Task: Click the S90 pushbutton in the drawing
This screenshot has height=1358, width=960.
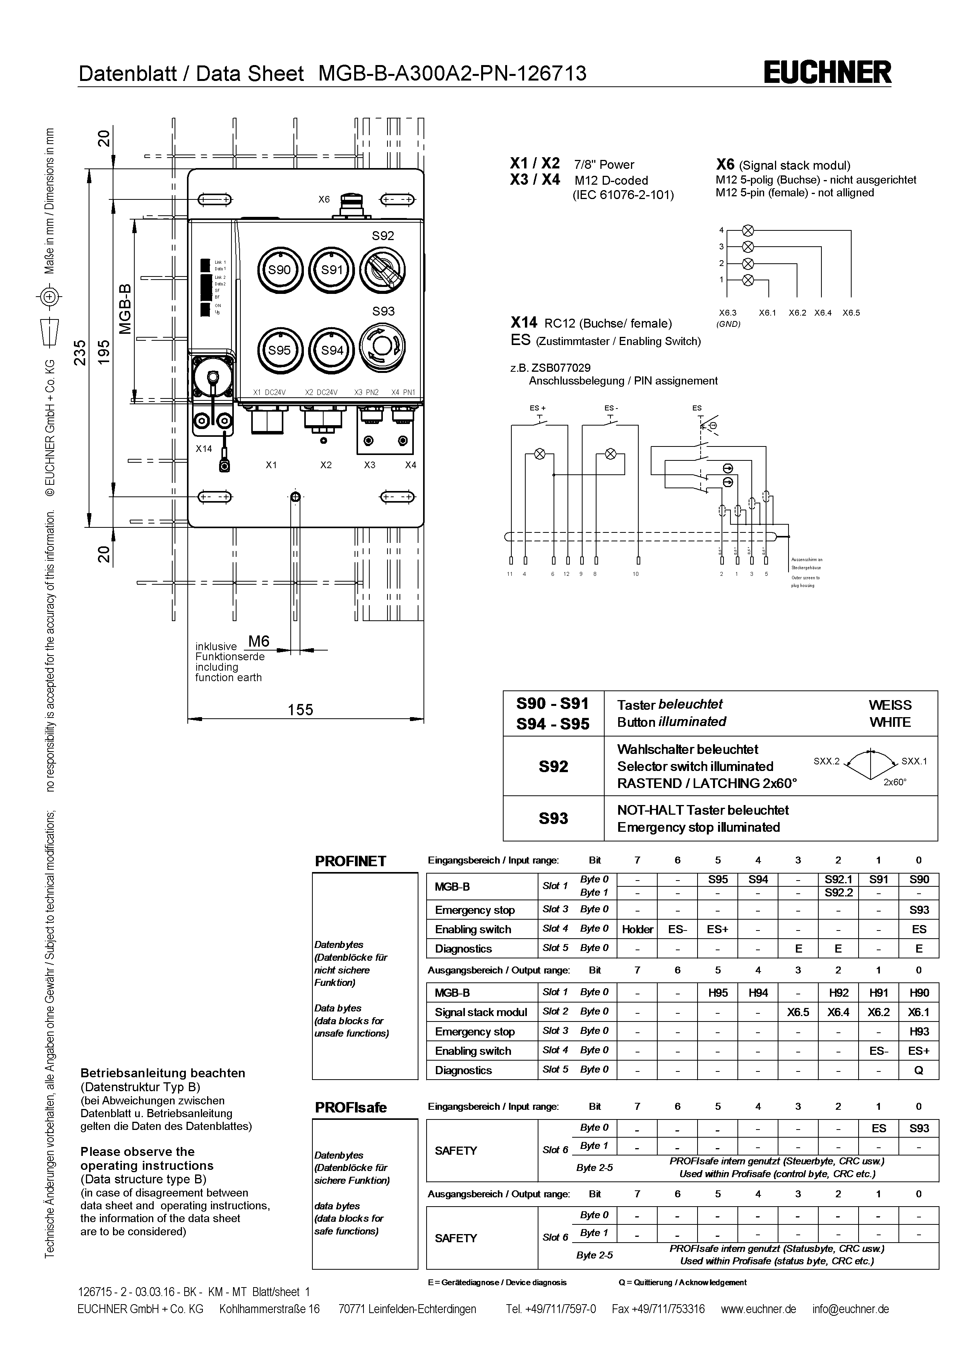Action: pyautogui.click(x=279, y=270)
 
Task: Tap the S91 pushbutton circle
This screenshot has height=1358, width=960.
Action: pyautogui.click(x=332, y=270)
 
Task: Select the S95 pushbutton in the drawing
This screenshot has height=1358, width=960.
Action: pyautogui.click(x=279, y=350)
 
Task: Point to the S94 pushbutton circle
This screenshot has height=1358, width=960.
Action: pyautogui.click(x=332, y=350)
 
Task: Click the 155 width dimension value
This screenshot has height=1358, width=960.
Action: pyautogui.click(x=300, y=710)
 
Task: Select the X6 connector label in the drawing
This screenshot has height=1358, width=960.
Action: pyautogui.click(x=324, y=199)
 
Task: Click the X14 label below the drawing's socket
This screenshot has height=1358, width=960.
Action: pyautogui.click(x=204, y=449)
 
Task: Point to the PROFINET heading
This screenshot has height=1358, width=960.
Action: pyautogui.click(x=351, y=861)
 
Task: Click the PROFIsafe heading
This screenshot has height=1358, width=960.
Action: pyautogui.click(x=351, y=1107)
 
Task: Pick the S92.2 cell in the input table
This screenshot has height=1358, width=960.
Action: pyautogui.click(x=838, y=893)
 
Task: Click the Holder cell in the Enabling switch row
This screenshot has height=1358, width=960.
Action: pyautogui.click(x=637, y=929)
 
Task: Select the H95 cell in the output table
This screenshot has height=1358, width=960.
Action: pyautogui.click(x=718, y=993)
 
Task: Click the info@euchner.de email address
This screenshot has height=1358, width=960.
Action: pyautogui.click(x=850, y=1309)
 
